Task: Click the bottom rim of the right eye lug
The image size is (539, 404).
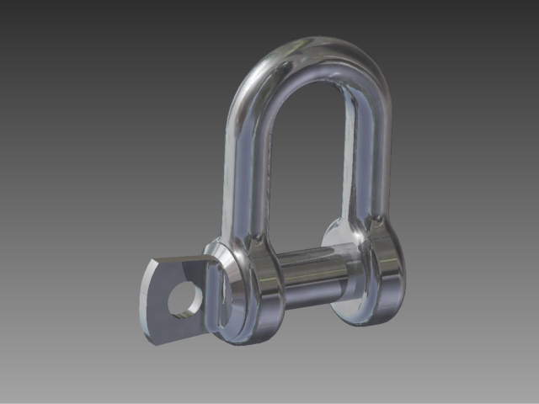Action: [x=371, y=318]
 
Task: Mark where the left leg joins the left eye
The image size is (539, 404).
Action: [x=240, y=236]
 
